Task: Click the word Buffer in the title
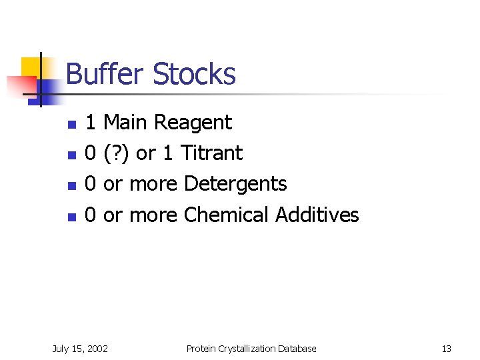[105, 74]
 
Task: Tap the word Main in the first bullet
[127, 123]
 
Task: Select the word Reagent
[193, 123]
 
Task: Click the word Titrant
[211, 153]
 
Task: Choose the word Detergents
[235, 184]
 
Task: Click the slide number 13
[446, 349]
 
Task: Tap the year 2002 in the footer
[97, 349]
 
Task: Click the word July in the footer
[61, 349]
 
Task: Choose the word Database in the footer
[298, 349]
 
